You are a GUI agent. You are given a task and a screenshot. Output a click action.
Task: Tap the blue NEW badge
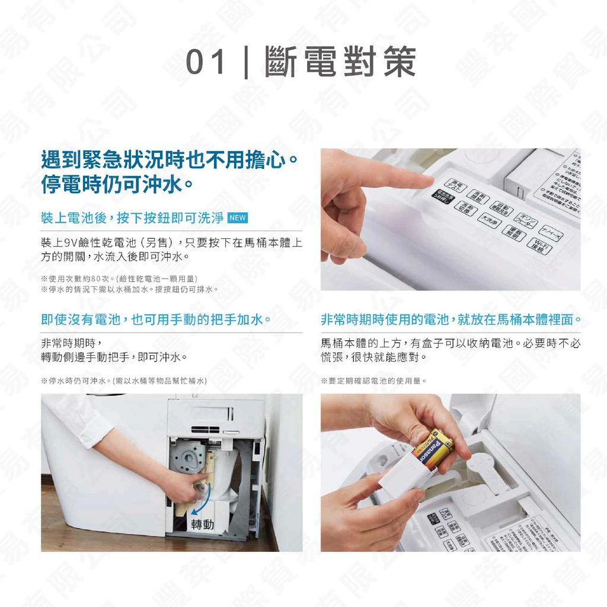point(237,218)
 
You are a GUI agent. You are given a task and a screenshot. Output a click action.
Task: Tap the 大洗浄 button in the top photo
point(489,220)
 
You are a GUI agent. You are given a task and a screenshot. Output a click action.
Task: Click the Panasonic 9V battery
point(432,451)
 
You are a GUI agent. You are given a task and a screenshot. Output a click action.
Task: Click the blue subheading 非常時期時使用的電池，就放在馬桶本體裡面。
point(451,320)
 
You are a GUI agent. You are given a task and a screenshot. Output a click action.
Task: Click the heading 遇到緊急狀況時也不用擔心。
point(169,159)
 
